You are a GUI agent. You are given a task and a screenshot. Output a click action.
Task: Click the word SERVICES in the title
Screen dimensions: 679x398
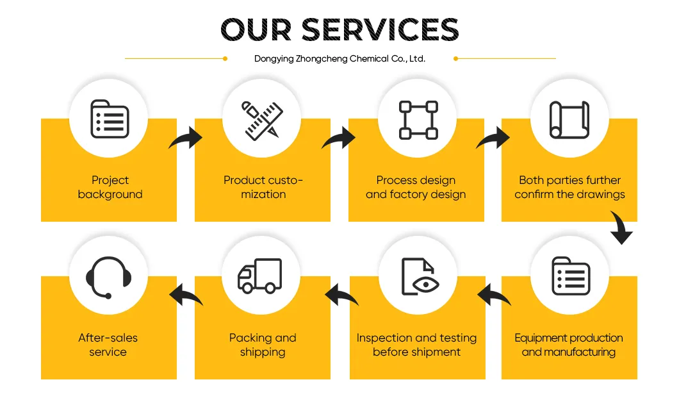tap(380, 30)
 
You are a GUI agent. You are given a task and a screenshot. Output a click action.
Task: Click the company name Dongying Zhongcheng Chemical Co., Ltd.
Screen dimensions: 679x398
tap(340, 59)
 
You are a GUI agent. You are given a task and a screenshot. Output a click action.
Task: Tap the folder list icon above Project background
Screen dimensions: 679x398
tap(110, 119)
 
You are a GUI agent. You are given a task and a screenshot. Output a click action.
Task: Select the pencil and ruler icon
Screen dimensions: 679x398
tap(262, 120)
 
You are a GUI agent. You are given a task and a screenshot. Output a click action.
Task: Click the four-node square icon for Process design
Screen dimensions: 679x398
tap(418, 120)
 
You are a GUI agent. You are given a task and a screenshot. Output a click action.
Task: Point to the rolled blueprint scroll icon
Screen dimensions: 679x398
tap(569, 120)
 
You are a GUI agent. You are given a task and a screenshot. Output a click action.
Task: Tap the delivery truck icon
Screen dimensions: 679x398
tap(260, 276)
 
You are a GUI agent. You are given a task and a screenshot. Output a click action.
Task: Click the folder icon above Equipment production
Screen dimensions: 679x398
tap(571, 276)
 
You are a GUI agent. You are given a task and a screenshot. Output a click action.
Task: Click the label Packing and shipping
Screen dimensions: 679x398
tap(263, 345)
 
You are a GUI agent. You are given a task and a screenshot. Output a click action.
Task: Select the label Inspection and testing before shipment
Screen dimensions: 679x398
tap(416, 345)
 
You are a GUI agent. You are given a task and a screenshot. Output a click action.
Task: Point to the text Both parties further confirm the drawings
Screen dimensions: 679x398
tap(569, 187)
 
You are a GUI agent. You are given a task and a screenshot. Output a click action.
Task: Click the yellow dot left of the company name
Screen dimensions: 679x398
tap(225, 58)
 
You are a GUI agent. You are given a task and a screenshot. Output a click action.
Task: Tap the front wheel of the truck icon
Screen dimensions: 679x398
tap(247, 288)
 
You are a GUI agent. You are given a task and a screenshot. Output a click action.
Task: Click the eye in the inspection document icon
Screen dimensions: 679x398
tap(426, 285)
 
